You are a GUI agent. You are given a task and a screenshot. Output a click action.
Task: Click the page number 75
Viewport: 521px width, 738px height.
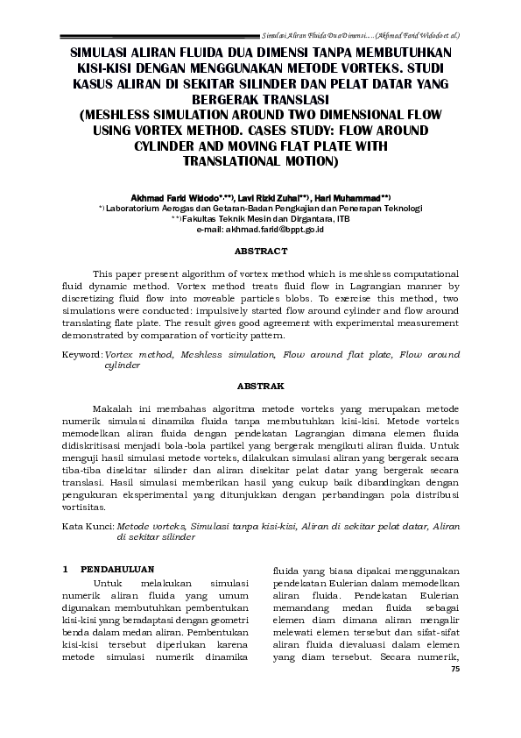click(454, 670)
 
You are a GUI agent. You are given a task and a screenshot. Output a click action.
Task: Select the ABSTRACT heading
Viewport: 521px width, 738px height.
click(260, 251)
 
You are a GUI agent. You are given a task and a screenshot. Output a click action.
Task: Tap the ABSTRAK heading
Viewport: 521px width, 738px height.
click(260, 386)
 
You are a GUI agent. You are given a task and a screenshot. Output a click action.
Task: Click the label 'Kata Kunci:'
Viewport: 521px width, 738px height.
click(88, 527)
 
